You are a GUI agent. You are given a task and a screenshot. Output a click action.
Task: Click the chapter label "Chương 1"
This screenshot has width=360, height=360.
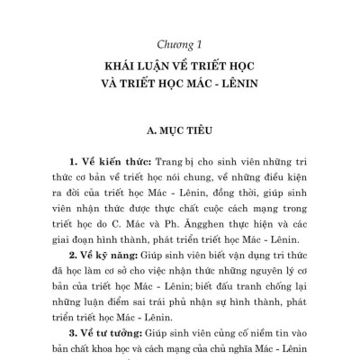[180, 42]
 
